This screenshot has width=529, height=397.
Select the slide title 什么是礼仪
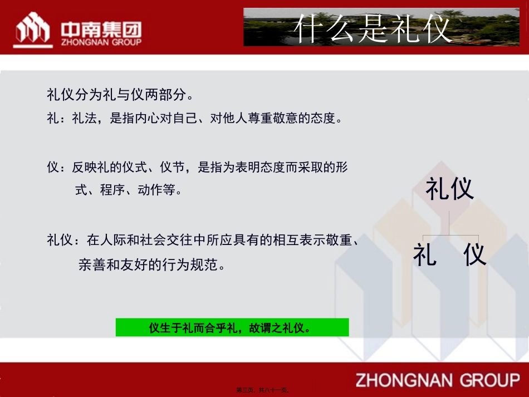(373, 28)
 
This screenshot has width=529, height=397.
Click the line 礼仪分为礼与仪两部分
(120, 94)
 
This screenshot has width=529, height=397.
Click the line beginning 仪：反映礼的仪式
(198, 166)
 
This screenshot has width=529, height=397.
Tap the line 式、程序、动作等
(129, 190)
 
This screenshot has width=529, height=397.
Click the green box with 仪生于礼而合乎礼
(232, 327)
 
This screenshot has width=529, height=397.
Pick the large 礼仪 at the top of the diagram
(449, 188)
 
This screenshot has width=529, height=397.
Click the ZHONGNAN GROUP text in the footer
(437, 380)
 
